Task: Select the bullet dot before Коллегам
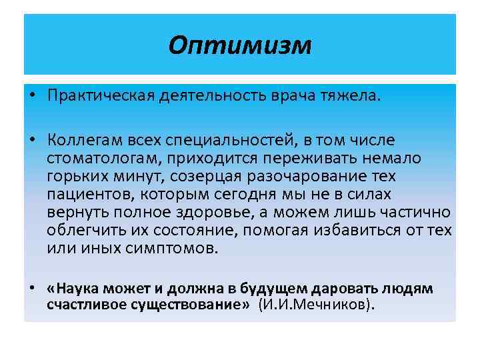point(32,140)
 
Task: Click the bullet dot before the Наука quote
point(32,289)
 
